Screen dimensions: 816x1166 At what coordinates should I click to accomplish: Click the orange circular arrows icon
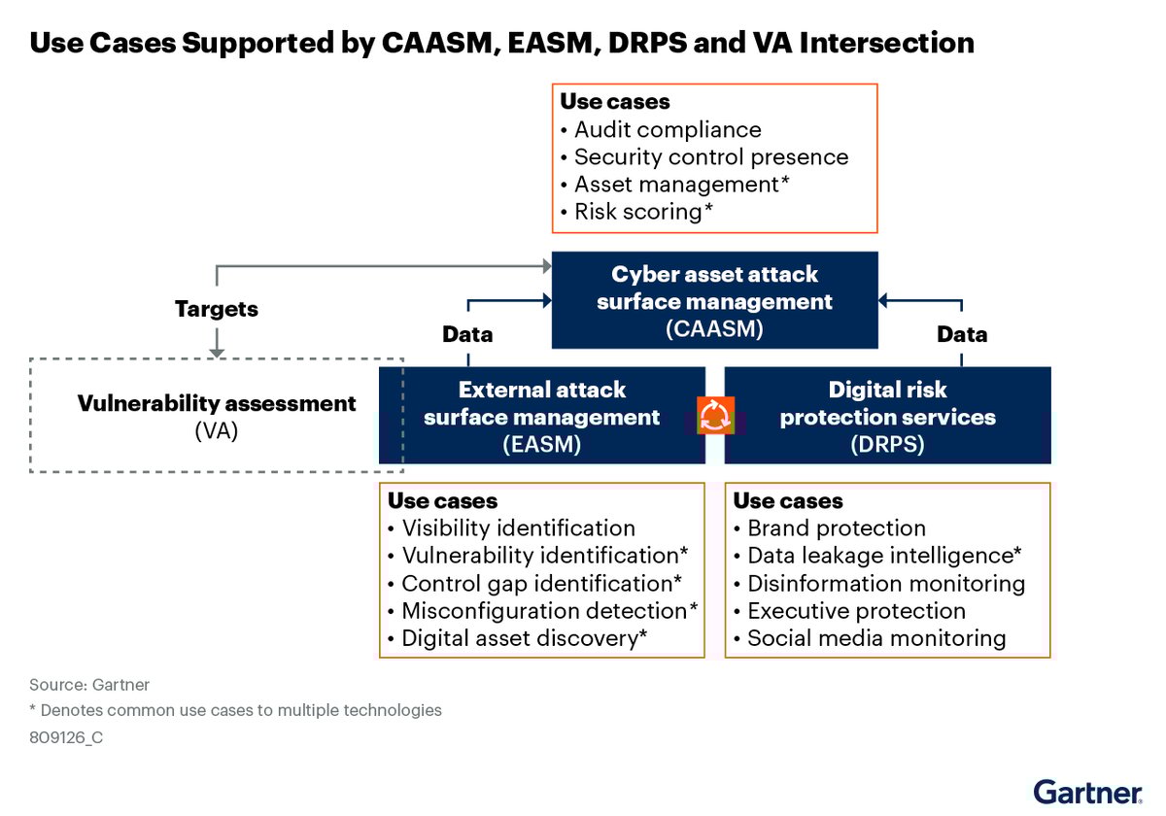point(715,416)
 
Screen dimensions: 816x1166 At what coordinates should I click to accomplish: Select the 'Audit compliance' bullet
point(667,129)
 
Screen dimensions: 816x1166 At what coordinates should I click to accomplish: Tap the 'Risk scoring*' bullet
point(643,211)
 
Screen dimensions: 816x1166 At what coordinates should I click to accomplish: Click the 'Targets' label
point(217,309)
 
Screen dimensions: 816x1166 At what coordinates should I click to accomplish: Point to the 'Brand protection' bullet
point(836,528)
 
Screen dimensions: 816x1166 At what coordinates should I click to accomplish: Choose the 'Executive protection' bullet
point(855,611)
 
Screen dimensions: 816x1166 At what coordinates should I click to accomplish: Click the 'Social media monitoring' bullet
point(875,638)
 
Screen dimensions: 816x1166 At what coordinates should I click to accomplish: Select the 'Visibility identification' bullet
point(517,528)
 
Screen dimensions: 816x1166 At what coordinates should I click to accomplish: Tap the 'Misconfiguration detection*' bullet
point(549,611)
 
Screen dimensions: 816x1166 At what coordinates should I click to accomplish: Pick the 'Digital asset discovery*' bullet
point(524,638)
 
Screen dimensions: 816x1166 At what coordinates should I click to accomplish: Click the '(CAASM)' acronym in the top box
point(714,329)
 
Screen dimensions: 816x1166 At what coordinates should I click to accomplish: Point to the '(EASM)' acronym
point(541,445)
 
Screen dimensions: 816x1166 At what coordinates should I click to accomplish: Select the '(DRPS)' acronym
point(887,445)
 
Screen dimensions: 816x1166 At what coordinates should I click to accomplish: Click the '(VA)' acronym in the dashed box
point(217,429)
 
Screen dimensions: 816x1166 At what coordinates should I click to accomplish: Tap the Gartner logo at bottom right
point(1087,791)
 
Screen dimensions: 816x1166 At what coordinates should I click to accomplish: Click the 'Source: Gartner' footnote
point(89,685)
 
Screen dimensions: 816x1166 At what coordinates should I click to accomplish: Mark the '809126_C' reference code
point(66,737)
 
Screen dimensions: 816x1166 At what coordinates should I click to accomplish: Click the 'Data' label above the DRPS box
point(962,334)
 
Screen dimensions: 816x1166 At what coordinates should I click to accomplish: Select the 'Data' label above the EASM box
point(467,334)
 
